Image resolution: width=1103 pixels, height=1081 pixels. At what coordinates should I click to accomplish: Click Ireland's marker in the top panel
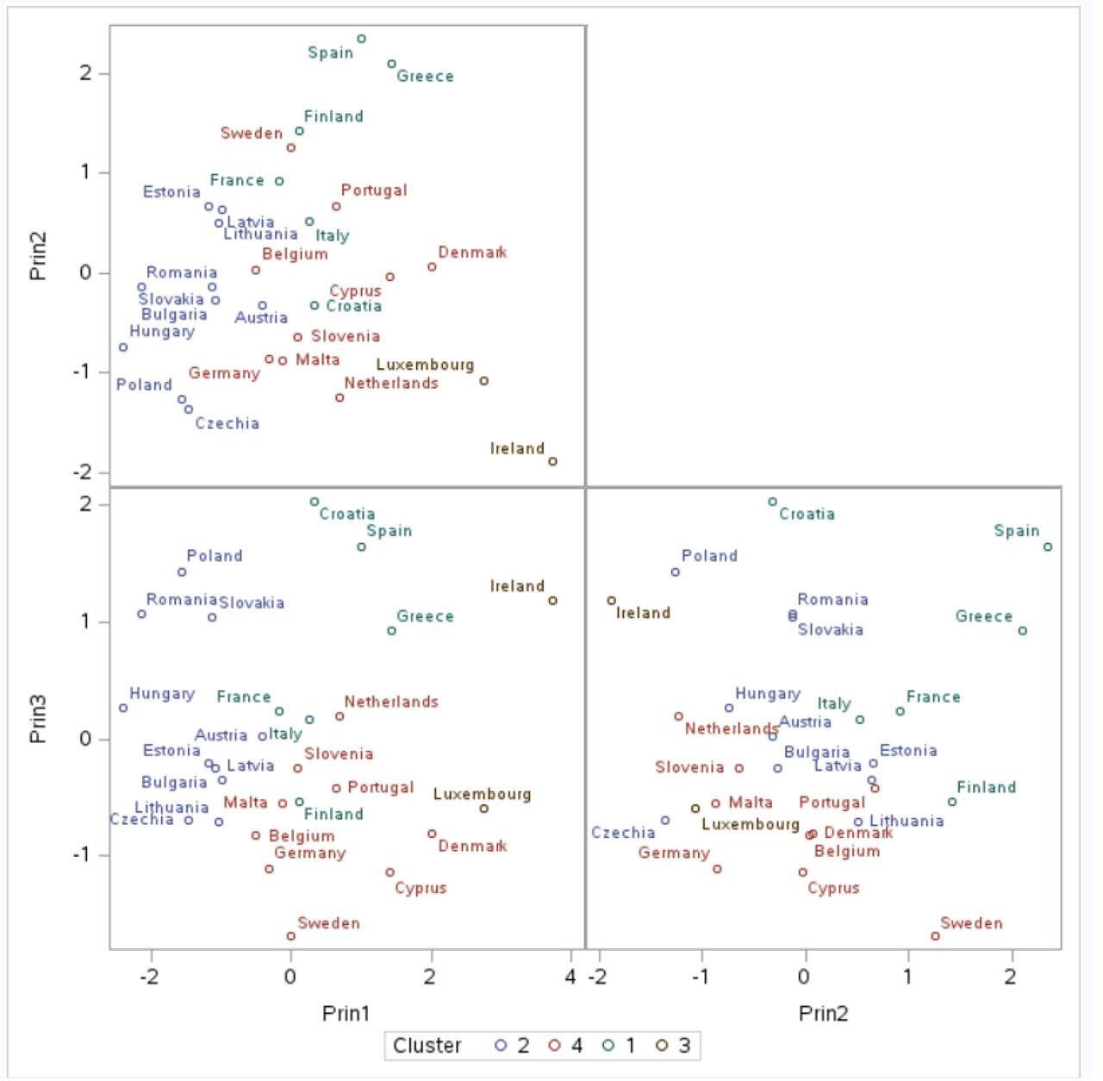click(x=552, y=461)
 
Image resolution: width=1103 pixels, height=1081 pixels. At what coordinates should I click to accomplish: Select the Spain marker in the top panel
click(x=361, y=39)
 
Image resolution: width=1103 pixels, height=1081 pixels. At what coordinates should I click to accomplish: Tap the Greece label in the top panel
click(x=425, y=77)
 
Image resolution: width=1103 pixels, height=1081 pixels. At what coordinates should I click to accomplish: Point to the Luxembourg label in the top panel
click(x=425, y=365)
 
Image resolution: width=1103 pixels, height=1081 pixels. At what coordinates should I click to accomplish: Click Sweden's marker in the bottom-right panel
click(x=935, y=936)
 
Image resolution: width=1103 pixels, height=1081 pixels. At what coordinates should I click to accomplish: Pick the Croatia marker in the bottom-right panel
click(x=772, y=502)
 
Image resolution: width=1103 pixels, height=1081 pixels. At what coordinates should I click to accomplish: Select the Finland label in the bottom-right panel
click(x=986, y=787)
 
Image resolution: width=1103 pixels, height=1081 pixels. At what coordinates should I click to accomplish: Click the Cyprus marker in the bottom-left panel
click(x=389, y=872)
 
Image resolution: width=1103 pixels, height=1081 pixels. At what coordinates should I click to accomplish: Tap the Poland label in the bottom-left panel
click(x=215, y=556)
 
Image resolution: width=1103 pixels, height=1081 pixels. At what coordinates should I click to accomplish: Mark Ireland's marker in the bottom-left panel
click(x=552, y=601)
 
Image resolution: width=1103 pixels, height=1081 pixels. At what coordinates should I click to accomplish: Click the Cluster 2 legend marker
click(x=501, y=1046)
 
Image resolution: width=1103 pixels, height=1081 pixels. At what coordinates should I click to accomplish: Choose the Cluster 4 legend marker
click(x=555, y=1046)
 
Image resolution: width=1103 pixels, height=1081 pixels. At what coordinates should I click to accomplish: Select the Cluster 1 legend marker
click(x=608, y=1046)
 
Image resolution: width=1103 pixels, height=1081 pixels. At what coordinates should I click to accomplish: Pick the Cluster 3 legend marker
click(x=662, y=1046)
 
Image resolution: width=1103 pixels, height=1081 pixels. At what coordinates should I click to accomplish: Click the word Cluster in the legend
click(x=427, y=1046)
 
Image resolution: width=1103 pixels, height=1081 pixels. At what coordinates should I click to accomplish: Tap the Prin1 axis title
click(x=346, y=1013)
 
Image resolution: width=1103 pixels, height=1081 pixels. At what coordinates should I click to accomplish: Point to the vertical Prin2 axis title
click(x=38, y=256)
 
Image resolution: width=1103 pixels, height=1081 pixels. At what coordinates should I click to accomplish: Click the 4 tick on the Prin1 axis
click(x=570, y=977)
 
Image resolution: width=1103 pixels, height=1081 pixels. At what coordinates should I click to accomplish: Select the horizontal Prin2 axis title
click(x=823, y=1013)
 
